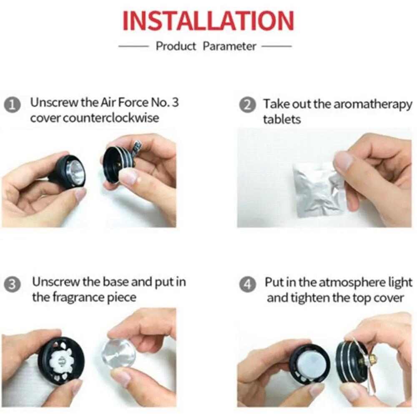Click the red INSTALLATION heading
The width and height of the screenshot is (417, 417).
pyautogui.click(x=208, y=21)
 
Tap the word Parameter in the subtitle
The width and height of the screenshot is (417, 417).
pyautogui.click(x=229, y=46)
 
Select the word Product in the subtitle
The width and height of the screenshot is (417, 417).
pyautogui.click(x=176, y=46)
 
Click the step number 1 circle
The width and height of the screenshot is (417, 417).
pyautogui.click(x=12, y=106)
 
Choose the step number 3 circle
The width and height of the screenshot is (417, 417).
pyautogui.click(x=12, y=284)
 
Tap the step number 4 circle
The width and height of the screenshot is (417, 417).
pyautogui.click(x=248, y=284)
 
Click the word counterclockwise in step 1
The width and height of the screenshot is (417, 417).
pyautogui.click(x=111, y=118)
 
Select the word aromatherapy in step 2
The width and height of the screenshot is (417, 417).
pyautogui.click(x=372, y=105)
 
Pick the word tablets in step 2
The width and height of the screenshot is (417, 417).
pyautogui.click(x=282, y=119)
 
